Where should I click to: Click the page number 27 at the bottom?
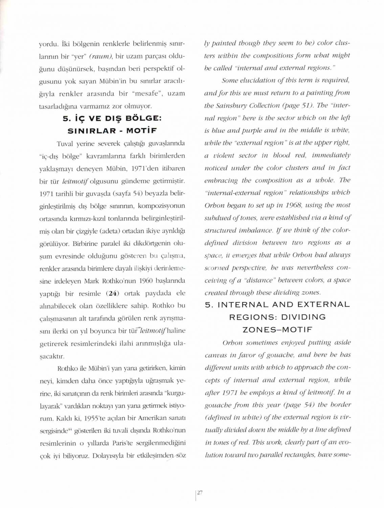click(x=200, y=493)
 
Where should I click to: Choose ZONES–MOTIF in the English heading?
click(x=277, y=330)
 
